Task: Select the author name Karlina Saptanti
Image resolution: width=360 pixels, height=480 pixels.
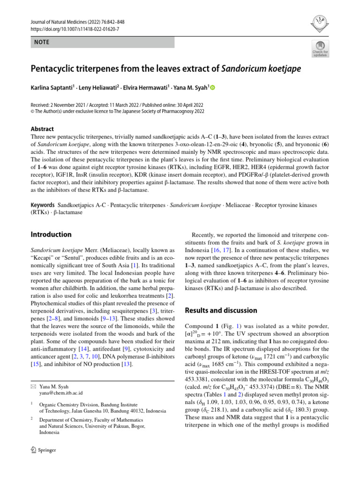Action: coord(52,88)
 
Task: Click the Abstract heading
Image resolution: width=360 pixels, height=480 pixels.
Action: coord(42,129)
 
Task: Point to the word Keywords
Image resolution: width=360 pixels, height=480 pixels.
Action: coord(42,205)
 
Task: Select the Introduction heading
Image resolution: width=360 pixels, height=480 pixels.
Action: coord(51,234)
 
